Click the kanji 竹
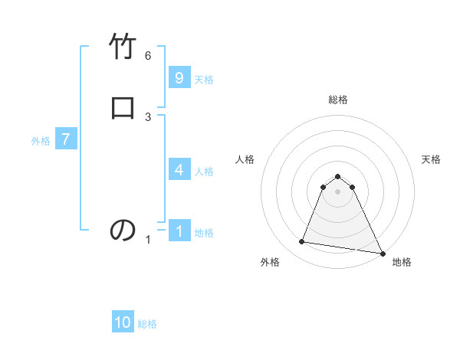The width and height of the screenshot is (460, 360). point(123,47)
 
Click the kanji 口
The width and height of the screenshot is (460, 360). point(123,107)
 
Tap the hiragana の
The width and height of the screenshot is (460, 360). point(123,230)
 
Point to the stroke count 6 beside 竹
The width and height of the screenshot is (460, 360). point(148,56)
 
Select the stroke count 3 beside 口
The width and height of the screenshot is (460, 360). point(148,116)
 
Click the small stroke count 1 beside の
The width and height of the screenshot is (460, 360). point(148,240)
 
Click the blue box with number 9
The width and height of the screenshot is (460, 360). point(179,78)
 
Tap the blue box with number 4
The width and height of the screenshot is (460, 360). point(179,169)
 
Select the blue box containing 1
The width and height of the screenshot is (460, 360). point(179,231)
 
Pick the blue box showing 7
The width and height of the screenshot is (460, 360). point(66,139)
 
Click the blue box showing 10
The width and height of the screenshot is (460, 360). point(123,322)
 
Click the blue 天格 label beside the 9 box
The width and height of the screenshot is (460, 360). point(204,80)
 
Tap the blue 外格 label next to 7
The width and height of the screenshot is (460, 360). point(41,141)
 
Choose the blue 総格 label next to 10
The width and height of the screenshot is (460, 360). point(147,324)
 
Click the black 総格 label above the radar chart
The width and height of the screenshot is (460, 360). point(338,100)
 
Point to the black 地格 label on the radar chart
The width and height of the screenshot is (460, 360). point(402,263)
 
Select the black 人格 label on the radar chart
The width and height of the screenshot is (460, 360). point(245,159)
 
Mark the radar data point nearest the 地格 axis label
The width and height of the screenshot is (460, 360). point(383,254)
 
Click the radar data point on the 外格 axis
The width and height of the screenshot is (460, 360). point(302,242)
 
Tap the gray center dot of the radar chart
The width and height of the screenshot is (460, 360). point(338,191)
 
